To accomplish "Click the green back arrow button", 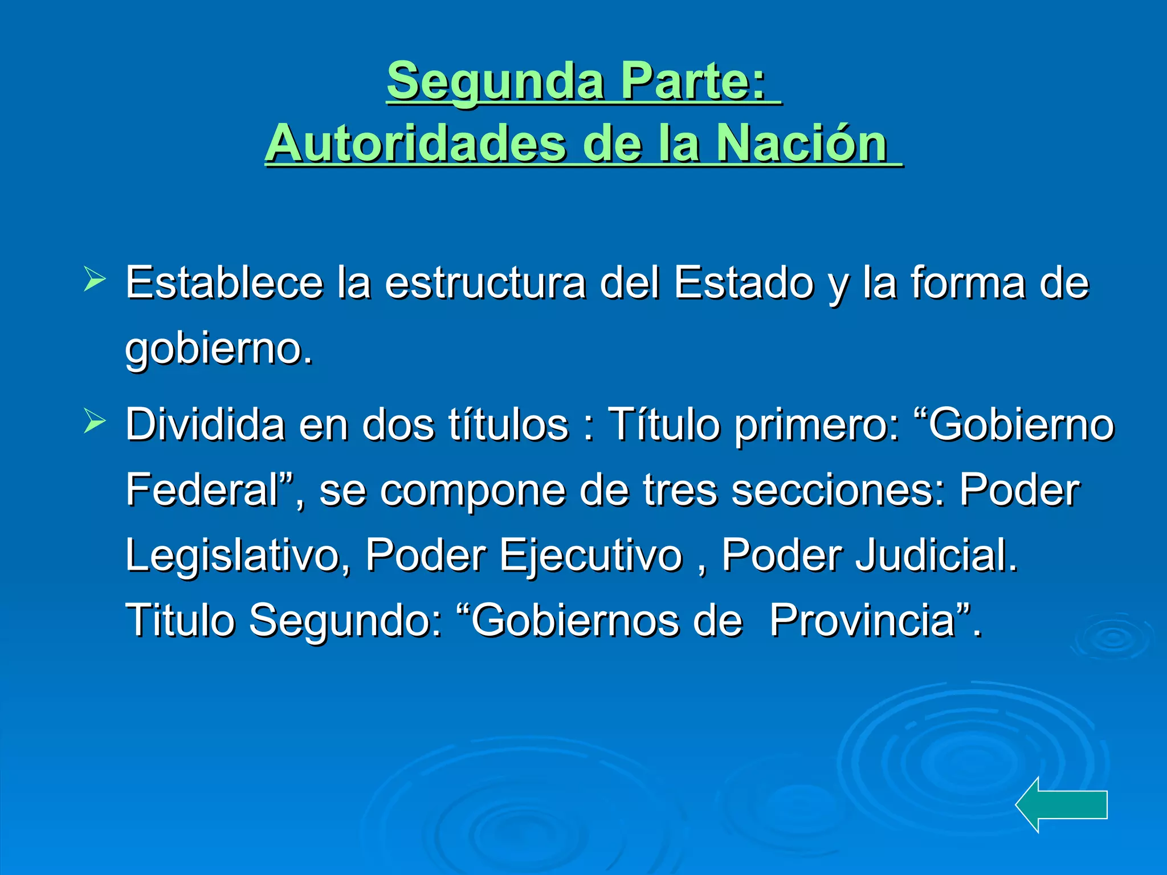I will click(x=1061, y=804).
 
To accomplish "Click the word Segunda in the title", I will click(x=495, y=81).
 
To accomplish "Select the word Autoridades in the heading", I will click(x=415, y=144).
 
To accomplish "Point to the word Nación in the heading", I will click(x=801, y=144).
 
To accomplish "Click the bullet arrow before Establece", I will click(x=94, y=279).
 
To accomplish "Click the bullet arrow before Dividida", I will click(x=94, y=422).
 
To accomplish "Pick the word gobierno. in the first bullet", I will click(x=219, y=349).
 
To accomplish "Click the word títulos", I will click(x=508, y=424).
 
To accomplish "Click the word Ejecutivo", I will click(x=591, y=556).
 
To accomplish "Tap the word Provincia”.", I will click(x=875, y=620).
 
